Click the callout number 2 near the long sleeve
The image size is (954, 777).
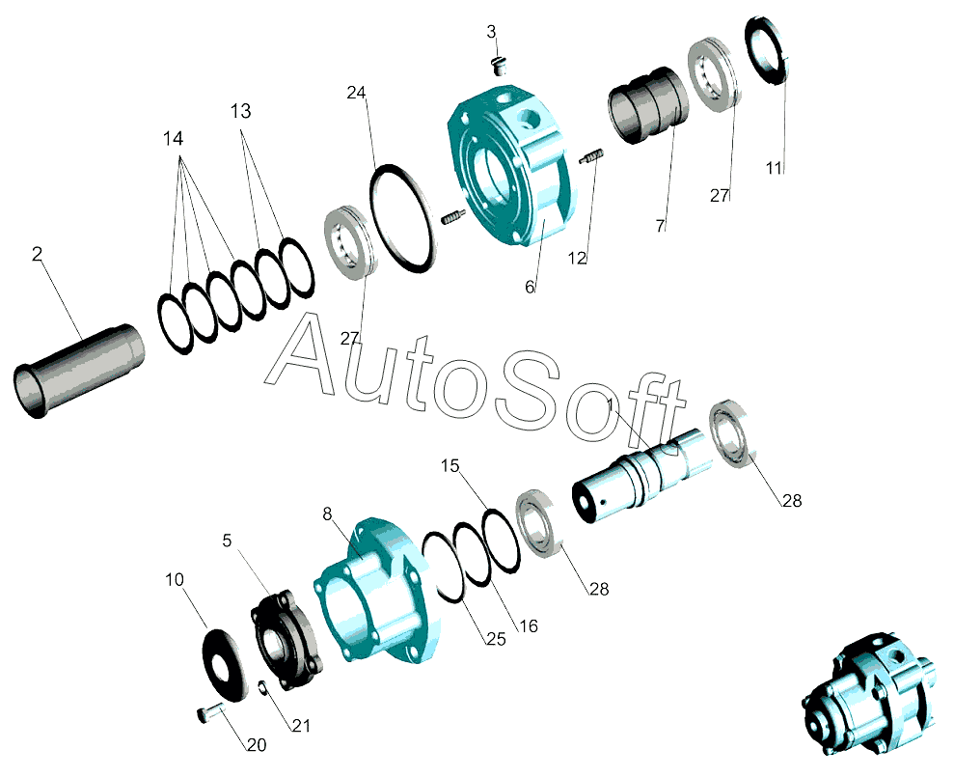click(37, 254)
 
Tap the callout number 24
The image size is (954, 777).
click(357, 93)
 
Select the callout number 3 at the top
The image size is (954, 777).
click(492, 32)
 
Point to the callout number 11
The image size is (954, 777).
click(774, 168)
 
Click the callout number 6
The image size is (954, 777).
click(530, 287)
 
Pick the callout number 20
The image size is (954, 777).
click(257, 745)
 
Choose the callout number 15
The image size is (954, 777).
click(450, 466)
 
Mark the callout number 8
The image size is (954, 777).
click(327, 513)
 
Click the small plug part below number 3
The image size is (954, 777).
click(500, 66)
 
